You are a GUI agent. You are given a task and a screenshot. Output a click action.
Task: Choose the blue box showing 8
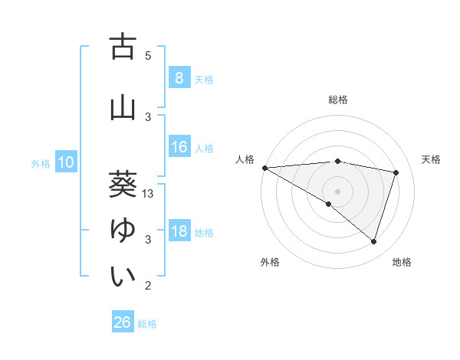tap(179, 77)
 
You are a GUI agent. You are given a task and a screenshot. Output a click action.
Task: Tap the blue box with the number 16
tap(179, 147)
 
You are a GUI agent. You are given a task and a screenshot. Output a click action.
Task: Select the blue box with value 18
tap(179, 231)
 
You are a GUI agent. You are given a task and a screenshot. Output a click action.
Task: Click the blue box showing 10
tap(65, 162)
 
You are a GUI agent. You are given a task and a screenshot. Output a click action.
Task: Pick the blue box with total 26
tap(122, 322)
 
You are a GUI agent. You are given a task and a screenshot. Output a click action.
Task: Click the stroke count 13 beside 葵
tap(149, 194)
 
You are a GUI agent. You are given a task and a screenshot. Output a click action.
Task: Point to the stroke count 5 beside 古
tap(148, 56)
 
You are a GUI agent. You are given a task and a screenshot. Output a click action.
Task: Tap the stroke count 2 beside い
tap(148, 286)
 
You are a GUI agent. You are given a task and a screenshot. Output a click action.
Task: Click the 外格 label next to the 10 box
tap(41, 163)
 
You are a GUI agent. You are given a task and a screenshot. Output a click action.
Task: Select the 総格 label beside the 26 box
tap(147, 323)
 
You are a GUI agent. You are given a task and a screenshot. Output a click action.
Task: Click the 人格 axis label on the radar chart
tap(245, 159)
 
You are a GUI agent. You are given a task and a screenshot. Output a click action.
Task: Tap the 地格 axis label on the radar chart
tap(402, 262)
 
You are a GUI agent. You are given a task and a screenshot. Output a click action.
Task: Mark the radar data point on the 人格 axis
tap(264, 168)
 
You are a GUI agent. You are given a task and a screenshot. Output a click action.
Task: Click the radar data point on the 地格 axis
tap(373, 242)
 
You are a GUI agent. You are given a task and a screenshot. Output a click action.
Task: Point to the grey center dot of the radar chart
tap(337, 190)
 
